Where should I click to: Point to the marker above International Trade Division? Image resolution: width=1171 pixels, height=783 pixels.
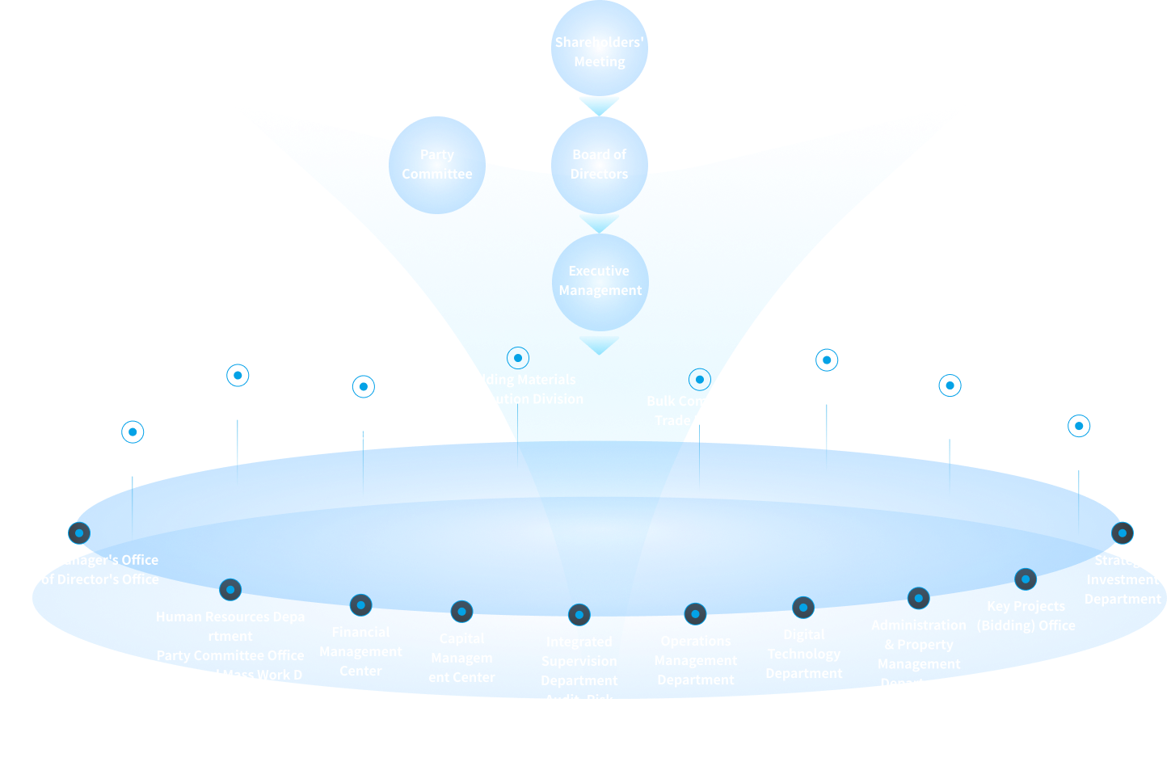click(238, 375)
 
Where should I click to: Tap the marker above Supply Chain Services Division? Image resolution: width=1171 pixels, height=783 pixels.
click(364, 386)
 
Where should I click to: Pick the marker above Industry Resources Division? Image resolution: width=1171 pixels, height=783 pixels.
click(827, 360)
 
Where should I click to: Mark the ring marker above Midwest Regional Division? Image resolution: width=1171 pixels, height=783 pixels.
click(1079, 426)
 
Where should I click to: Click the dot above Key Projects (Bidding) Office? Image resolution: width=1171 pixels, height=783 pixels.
click(1026, 579)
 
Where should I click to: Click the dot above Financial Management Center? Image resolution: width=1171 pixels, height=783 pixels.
click(360, 604)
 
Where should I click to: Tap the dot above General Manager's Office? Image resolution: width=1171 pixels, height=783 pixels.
click(79, 533)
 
